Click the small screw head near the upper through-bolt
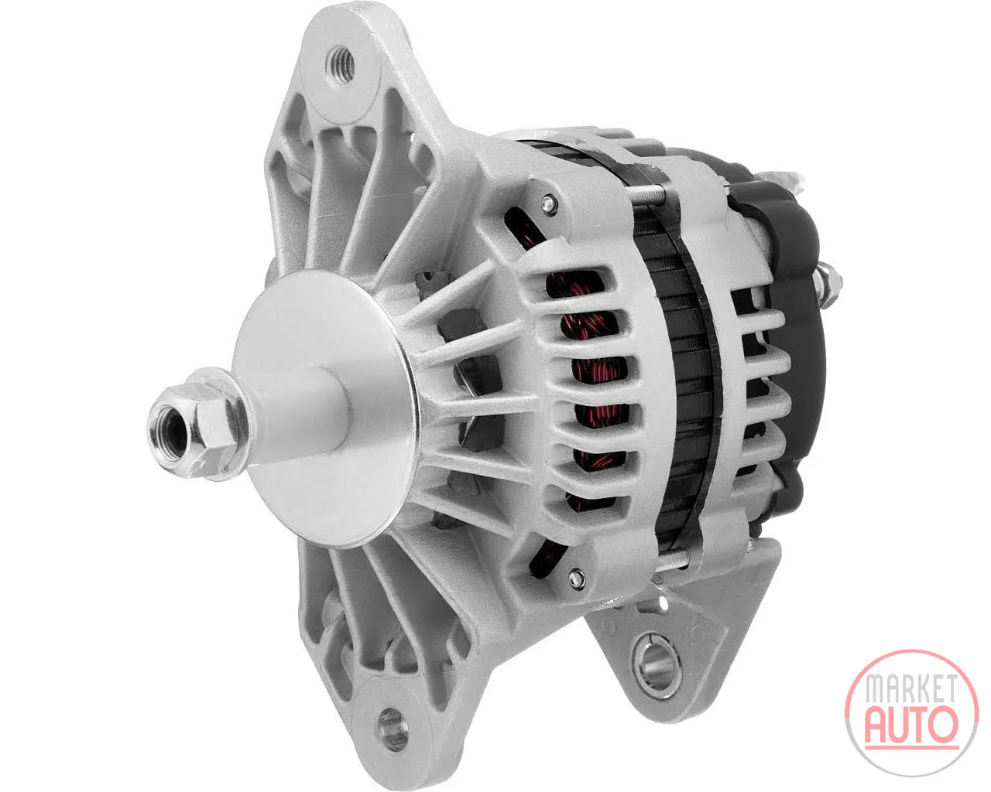pos(547,204)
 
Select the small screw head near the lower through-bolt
pos(574,577)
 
